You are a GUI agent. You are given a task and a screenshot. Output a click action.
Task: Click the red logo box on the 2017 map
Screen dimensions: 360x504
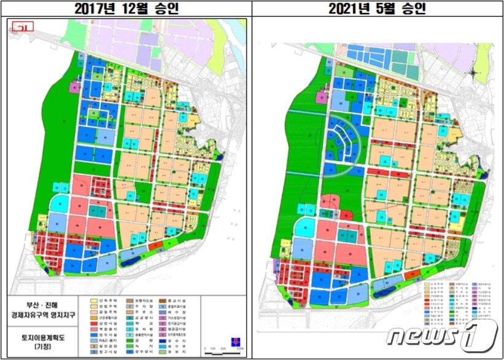click(25, 26)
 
